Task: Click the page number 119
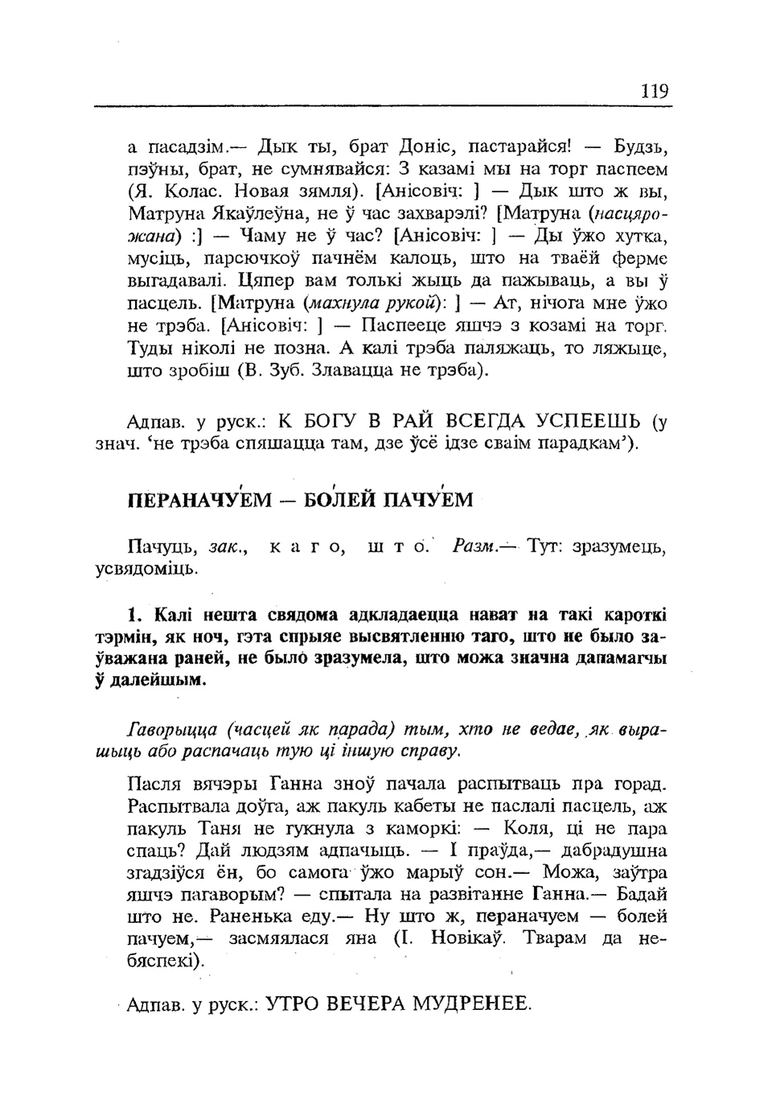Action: pyautogui.click(x=655, y=91)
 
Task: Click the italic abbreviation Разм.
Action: pyautogui.click(x=474, y=547)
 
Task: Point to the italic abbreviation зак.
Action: pyautogui.click(x=226, y=548)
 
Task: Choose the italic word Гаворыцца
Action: pyautogui.click(x=173, y=730)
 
